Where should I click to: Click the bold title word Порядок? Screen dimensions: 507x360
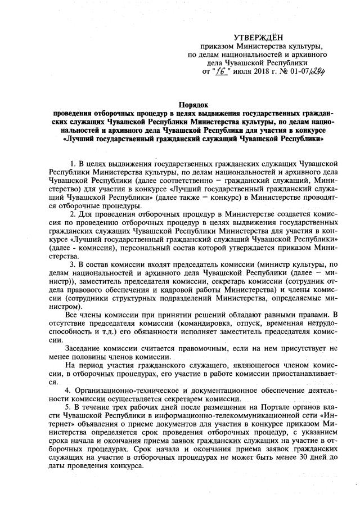coord(194,104)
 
